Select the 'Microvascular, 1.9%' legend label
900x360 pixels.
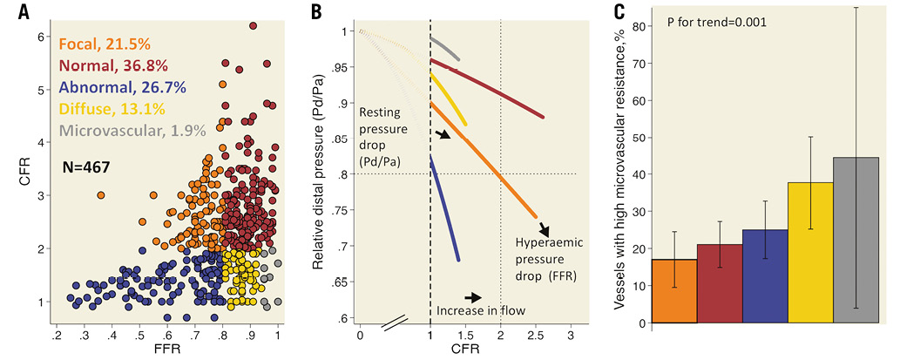[132, 130]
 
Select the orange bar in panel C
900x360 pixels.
[674, 290]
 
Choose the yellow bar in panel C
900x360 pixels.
[811, 252]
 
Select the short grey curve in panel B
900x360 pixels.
[445, 48]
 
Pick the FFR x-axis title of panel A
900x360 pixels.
[167, 351]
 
